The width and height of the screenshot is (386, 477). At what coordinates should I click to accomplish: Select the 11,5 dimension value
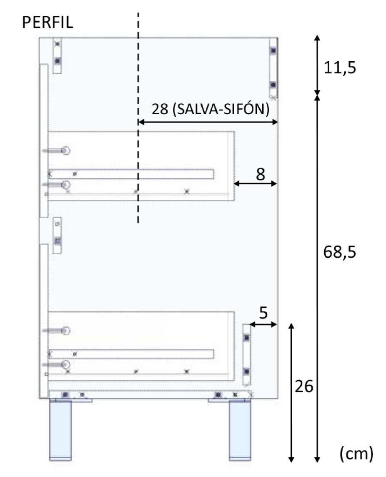click(x=340, y=68)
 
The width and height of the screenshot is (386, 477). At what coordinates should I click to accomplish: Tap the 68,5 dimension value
click(x=340, y=252)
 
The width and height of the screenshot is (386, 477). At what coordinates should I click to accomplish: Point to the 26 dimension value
click(x=303, y=387)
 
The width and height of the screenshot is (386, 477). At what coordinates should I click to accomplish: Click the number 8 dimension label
click(x=260, y=174)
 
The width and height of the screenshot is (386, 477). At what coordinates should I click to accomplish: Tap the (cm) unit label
click(x=356, y=454)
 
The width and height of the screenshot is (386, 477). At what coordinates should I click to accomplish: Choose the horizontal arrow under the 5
click(x=263, y=324)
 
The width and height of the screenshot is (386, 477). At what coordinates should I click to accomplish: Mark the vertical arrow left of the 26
click(x=291, y=392)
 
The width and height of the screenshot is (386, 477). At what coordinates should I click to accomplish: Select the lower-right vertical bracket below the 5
click(x=247, y=354)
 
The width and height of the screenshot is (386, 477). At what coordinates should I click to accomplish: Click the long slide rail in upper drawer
click(x=131, y=174)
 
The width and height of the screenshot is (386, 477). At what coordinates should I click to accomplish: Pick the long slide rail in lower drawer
click(x=131, y=354)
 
